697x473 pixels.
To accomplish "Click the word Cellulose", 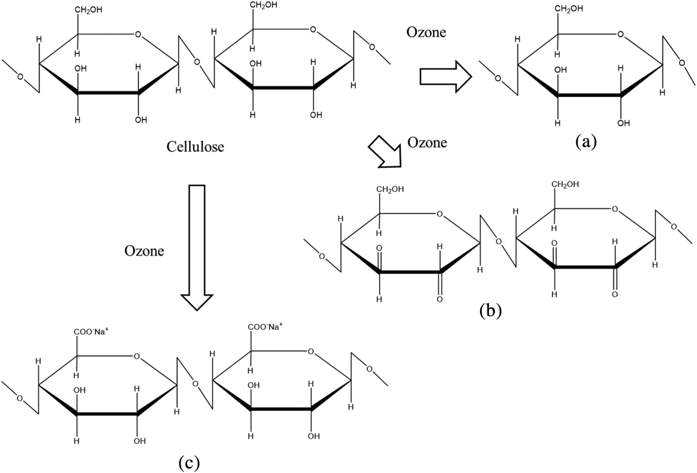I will [195, 147].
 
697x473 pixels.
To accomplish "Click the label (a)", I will [586, 142].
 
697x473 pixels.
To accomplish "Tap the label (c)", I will [189, 463].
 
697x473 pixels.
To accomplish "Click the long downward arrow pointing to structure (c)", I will [197, 246].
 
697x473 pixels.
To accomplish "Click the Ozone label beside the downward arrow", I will [144, 251].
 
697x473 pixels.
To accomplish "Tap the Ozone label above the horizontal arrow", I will [426, 32].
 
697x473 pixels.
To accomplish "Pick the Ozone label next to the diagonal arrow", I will [427, 142].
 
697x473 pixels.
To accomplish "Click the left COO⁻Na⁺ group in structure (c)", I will [91, 332].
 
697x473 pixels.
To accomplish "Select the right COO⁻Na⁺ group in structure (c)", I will [265, 327].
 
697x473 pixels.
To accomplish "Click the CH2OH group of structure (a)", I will [569, 9].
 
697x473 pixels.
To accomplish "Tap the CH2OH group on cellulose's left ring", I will [88, 10].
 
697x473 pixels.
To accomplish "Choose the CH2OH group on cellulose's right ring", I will [263, 5].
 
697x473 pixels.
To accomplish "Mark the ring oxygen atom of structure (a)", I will [620, 34].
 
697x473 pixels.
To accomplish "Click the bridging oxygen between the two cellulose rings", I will [197, 62].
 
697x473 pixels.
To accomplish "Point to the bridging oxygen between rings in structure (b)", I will [499, 242].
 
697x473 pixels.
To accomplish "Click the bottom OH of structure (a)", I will [624, 123].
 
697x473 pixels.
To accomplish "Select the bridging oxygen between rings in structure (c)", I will [195, 384].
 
